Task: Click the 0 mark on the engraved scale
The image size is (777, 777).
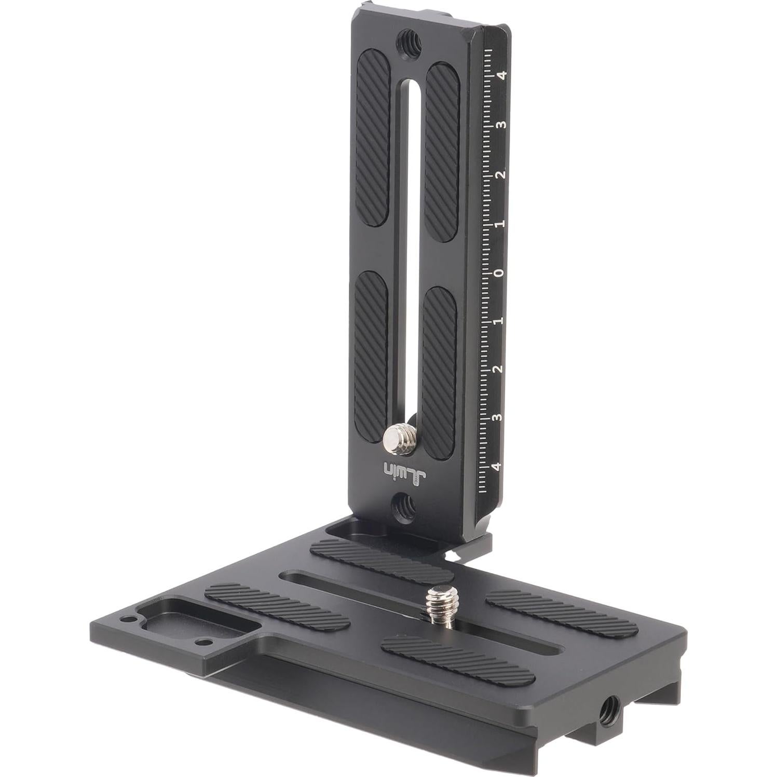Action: pyautogui.click(x=499, y=274)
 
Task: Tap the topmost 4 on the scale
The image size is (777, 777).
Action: pyautogui.click(x=501, y=76)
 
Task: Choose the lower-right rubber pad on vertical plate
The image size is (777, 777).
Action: pyautogui.click(x=440, y=363)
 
